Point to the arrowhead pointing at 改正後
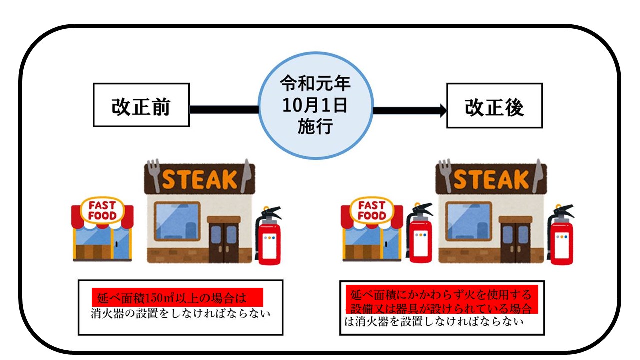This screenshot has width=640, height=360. (442, 110)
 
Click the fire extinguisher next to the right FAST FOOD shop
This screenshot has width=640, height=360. (419, 232)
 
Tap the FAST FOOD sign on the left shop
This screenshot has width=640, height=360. (102, 210)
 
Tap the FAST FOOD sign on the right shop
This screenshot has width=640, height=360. (372, 210)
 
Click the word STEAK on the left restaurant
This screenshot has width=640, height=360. (199, 179)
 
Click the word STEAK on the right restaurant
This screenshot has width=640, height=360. (491, 179)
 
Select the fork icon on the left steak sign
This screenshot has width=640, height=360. (154, 175)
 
